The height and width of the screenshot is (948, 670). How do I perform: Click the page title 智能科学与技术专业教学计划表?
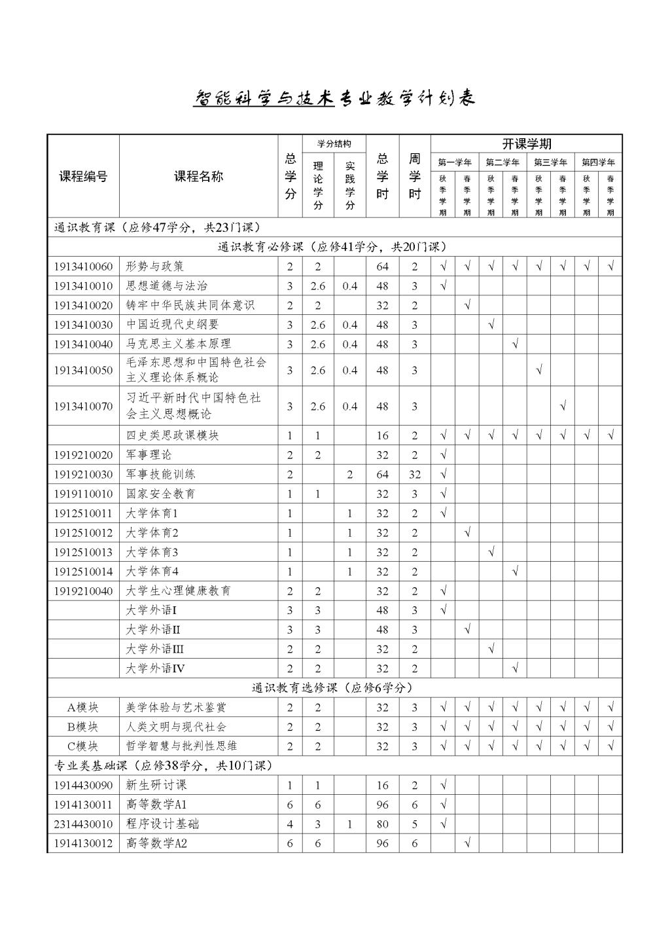point(334,98)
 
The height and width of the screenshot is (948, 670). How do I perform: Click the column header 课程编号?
point(83,176)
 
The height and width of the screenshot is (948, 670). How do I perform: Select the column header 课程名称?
point(198,176)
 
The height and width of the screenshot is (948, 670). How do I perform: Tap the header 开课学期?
point(526,144)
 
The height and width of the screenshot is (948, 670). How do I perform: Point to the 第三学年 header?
point(550,162)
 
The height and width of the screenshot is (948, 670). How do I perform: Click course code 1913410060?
point(83,266)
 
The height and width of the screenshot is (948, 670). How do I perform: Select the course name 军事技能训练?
point(161,474)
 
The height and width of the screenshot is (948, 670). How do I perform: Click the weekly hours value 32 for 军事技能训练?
point(415,475)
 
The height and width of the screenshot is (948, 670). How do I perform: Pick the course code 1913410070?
point(83,407)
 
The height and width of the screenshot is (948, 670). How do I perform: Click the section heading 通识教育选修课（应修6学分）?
point(332,688)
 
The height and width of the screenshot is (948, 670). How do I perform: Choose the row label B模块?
point(83,727)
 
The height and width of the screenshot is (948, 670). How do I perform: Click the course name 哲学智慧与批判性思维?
point(181,746)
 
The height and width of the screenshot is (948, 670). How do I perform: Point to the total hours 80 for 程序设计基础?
point(383,824)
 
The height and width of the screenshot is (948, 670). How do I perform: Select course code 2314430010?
point(83,824)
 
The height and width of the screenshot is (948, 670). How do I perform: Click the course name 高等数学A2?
point(156,844)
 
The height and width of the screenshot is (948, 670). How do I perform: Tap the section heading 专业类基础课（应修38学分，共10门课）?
point(163,765)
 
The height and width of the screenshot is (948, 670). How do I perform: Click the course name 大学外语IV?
point(156,668)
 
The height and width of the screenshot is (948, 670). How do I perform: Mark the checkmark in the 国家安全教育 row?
point(443,494)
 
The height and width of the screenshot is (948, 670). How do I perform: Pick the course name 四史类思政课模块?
point(172,435)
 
